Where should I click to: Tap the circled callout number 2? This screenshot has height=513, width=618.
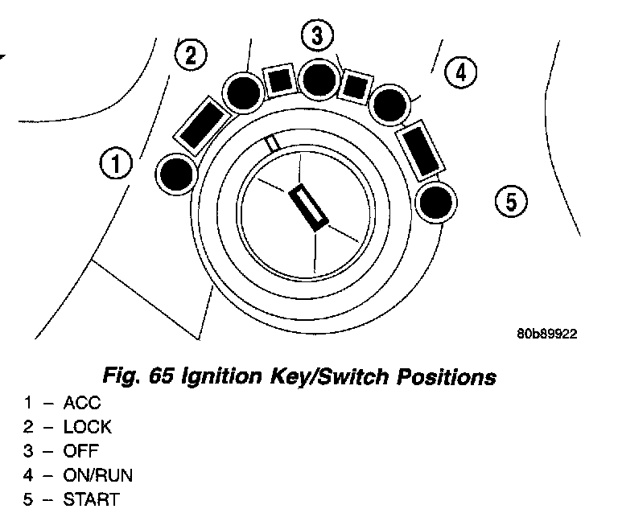(191, 55)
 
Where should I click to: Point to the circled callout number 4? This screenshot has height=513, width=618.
(459, 72)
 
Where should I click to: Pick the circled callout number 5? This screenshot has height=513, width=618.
(510, 199)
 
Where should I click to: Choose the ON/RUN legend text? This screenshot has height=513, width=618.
(98, 476)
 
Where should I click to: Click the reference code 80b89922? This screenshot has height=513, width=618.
(546, 332)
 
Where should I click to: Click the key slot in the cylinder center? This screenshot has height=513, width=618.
(309, 207)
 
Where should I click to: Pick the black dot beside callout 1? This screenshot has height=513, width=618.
(178, 174)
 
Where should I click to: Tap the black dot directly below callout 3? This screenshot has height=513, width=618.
(319, 78)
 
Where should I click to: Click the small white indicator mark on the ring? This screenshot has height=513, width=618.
(274, 143)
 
